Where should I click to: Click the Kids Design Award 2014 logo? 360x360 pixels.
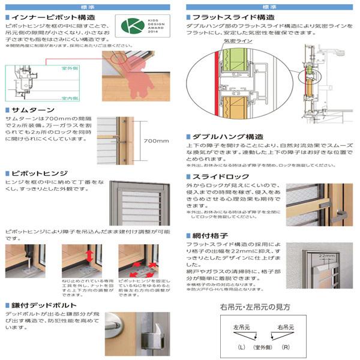[x=137, y=27]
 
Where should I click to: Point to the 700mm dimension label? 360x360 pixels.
[x=157, y=141]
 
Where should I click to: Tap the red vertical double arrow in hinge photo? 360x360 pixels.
[x=89, y=257]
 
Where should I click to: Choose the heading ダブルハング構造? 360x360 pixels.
[x=227, y=137]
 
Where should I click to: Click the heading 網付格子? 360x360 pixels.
[x=210, y=236]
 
